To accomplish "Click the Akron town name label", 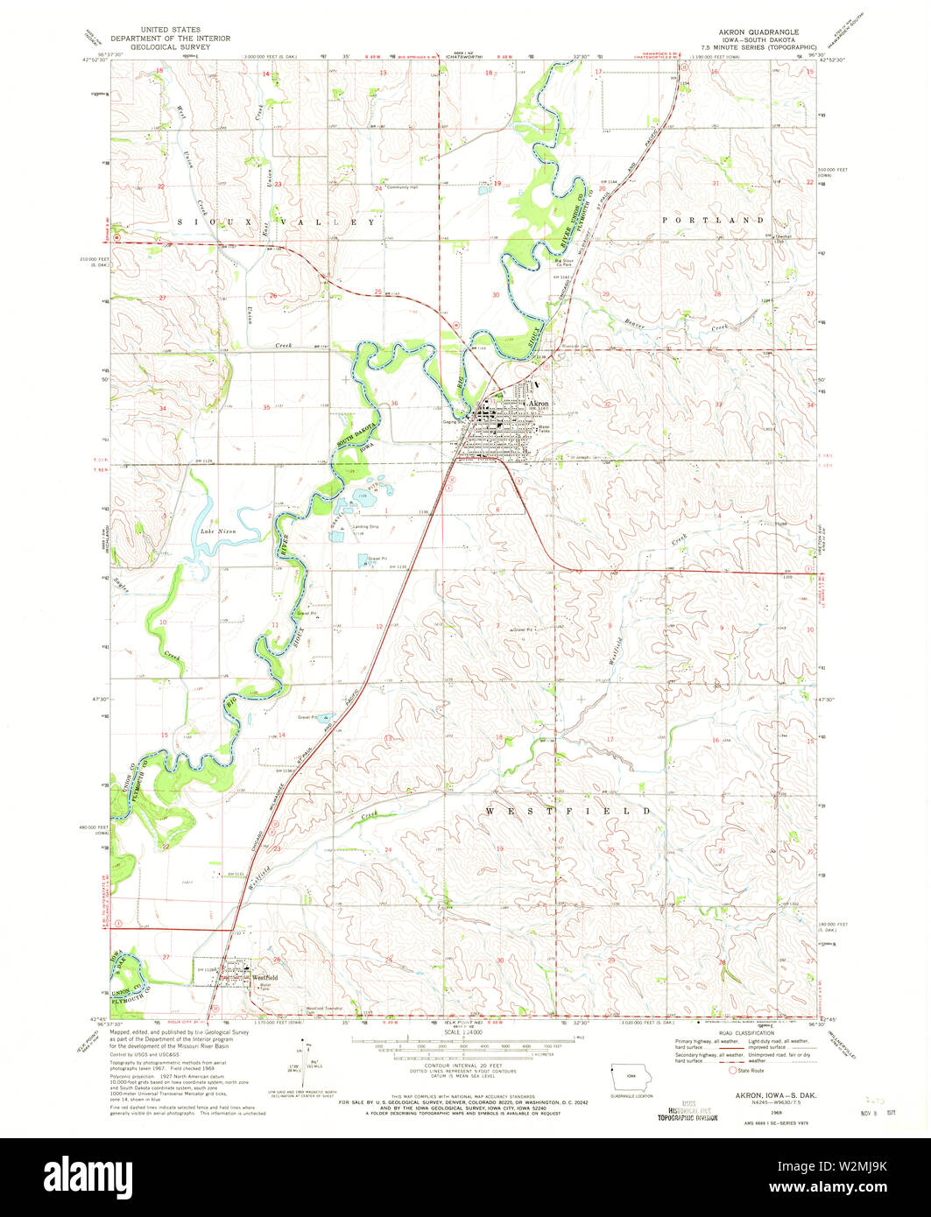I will (x=538, y=404).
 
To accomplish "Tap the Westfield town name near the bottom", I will (x=265, y=976).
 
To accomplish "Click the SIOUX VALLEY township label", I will (x=270, y=222).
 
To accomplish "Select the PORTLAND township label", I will (x=713, y=220).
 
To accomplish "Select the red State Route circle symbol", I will (x=732, y=1069).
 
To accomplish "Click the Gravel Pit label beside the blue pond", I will (x=378, y=557).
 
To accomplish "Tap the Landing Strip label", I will (x=365, y=526).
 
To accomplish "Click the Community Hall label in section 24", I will (x=403, y=187).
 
